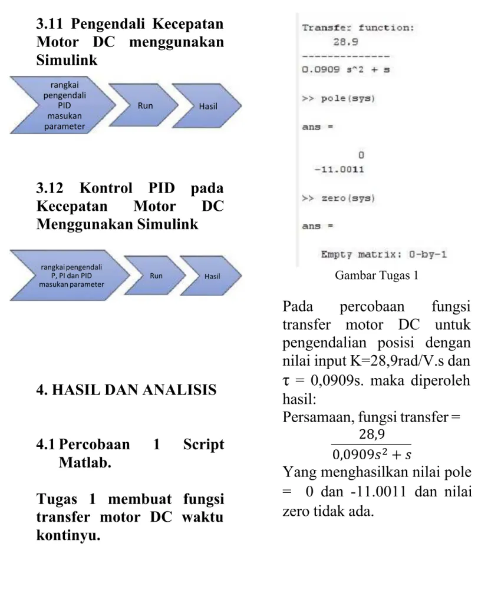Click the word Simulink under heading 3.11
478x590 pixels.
click(67, 60)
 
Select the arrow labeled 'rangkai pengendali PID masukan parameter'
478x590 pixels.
click(62, 105)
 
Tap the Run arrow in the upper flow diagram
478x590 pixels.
click(143, 105)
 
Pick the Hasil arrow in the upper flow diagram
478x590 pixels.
click(207, 106)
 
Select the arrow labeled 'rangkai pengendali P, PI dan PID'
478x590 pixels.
click(70, 276)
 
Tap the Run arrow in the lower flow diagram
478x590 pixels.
click(155, 276)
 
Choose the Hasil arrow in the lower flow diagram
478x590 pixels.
click(211, 276)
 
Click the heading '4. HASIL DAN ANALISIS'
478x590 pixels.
click(127, 390)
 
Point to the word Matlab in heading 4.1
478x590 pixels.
click(85, 462)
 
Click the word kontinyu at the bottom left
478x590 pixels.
click(68, 535)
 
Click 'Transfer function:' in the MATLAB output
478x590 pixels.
click(358, 28)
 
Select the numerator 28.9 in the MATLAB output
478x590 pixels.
click(345, 42)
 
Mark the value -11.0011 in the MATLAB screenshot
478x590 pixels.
click(339, 170)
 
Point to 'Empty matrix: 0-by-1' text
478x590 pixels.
click(384, 255)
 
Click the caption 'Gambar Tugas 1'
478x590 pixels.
click(377, 276)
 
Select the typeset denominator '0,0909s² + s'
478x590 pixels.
click(372, 455)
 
